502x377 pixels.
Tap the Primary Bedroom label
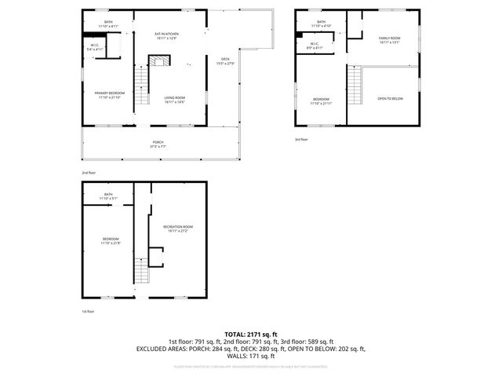pyautogui.click(x=108, y=94)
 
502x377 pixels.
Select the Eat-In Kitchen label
pyautogui.click(x=167, y=35)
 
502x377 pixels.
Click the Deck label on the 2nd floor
pyautogui.click(x=225, y=62)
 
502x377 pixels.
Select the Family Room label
pyautogui.click(x=390, y=40)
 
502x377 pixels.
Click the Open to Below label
pyautogui.click(x=390, y=98)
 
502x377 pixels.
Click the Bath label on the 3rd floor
pyautogui.click(x=321, y=24)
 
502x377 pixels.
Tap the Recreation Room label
pyautogui.click(x=176, y=229)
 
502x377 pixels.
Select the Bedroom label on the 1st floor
pyautogui.click(x=111, y=240)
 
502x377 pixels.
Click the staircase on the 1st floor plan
pyautogui.click(x=141, y=271)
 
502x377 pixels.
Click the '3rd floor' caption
pyautogui.click(x=302, y=139)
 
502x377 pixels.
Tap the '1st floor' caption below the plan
pyautogui.click(x=89, y=312)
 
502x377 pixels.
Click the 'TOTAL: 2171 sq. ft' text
pyautogui.click(x=251, y=334)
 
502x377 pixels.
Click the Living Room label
pyautogui.click(x=174, y=100)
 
